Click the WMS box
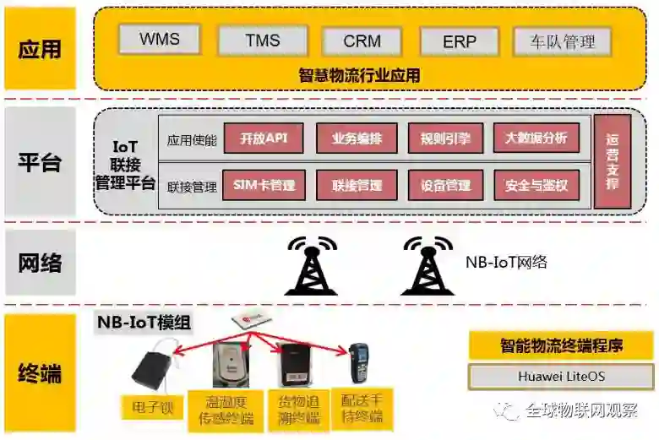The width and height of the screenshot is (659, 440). (x=160, y=39)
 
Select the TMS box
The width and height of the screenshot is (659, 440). (x=262, y=40)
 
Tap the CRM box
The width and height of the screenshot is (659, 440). (x=362, y=41)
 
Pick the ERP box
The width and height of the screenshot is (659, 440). (x=460, y=41)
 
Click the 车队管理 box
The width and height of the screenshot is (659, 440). (x=563, y=41)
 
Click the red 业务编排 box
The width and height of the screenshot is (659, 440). (x=356, y=139)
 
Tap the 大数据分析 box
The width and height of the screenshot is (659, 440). (x=536, y=139)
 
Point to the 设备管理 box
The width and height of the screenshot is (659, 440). (x=446, y=185)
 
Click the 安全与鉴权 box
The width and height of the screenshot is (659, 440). (x=536, y=185)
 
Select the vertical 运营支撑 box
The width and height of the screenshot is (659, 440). (x=613, y=161)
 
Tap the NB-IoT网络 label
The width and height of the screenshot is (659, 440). (x=506, y=262)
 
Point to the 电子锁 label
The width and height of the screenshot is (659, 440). (x=153, y=409)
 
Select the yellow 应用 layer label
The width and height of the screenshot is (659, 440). (x=40, y=48)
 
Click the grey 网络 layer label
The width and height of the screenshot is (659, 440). (x=40, y=262)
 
